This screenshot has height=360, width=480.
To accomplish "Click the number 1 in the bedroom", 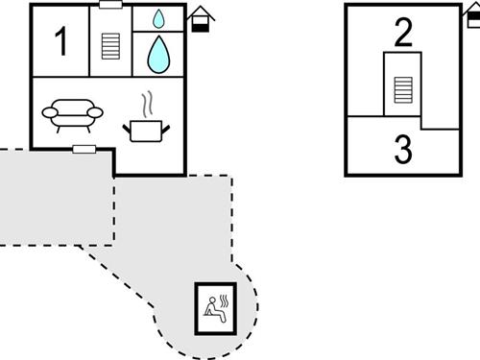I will point(61,42).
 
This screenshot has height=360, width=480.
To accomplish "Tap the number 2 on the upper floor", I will point(403,34).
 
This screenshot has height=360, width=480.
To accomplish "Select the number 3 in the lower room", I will point(403,150).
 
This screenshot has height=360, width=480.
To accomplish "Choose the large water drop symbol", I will point(158,55).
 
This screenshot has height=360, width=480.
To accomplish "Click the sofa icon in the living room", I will point(72,114).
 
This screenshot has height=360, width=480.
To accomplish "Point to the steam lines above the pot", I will point(146,103).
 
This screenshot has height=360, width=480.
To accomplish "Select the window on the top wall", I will point(110,5).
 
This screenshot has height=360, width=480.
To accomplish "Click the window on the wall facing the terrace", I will point(84,149).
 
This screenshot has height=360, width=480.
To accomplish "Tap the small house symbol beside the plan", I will point(201,18).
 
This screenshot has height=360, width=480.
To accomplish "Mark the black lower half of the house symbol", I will point(201,27).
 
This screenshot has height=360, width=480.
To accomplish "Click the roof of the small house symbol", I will point(201,12).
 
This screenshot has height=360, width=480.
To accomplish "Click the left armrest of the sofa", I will point(49,112).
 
